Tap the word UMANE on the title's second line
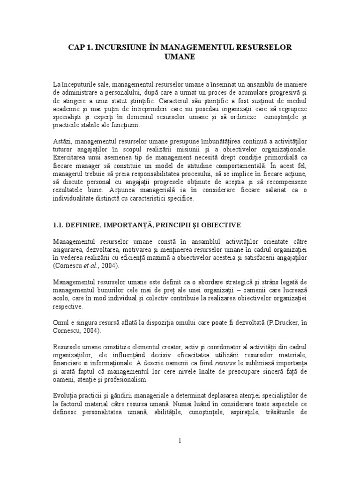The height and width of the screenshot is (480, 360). [180, 56]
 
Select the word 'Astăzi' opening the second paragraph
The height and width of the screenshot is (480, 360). [62, 141]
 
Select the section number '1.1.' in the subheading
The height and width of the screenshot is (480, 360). [59, 225]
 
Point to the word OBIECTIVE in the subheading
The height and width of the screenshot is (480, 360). [223, 225]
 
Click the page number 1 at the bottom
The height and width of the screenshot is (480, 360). [180, 440]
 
